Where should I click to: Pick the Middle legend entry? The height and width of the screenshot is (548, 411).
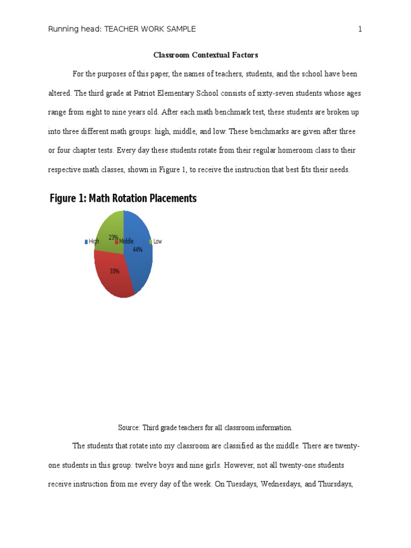pyautogui.click(x=126, y=241)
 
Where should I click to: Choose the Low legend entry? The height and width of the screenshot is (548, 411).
pyautogui.click(x=157, y=241)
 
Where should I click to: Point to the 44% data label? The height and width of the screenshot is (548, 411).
pyautogui.click(x=138, y=249)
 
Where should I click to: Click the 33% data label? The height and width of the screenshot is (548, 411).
pyautogui.click(x=115, y=271)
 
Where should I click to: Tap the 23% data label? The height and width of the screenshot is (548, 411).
pyautogui.click(x=113, y=237)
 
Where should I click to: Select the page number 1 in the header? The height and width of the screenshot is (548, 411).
pyautogui.click(x=360, y=29)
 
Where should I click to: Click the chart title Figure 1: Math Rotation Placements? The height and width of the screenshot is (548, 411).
pyautogui.click(x=123, y=199)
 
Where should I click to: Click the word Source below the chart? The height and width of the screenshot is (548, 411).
pyautogui.click(x=128, y=428)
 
